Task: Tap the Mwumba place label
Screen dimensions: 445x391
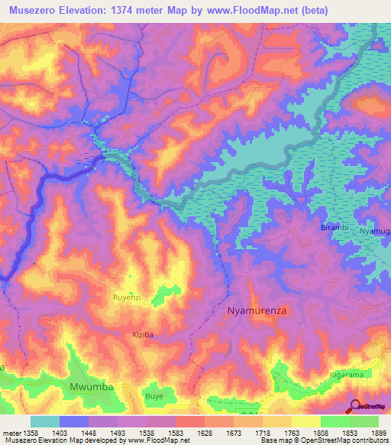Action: click(92, 387)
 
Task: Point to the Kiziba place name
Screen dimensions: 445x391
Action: click(143, 335)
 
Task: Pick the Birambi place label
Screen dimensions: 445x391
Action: click(333, 228)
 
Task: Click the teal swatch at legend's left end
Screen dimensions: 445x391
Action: click(45, 421)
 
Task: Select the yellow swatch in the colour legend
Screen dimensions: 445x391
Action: click(305, 421)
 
